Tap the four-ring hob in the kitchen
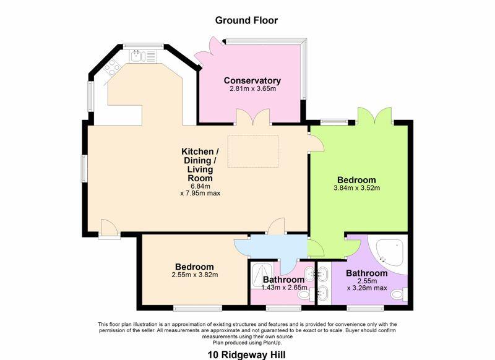coord(113,67)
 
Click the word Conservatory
coord(252,80)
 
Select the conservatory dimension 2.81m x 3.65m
coord(252,89)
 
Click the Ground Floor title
coord(246,20)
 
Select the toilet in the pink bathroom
coord(303,296)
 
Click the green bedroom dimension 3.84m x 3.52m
coord(356,188)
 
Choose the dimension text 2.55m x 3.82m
coord(194,275)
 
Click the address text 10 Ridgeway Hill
coord(246,355)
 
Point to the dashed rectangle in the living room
coord(252,151)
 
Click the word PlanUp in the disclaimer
coord(272,342)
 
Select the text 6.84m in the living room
coord(200,186)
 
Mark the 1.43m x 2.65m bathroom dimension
coord(276,287)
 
